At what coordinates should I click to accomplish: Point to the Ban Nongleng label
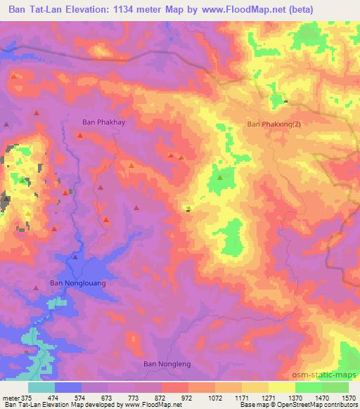(x=167, y=364)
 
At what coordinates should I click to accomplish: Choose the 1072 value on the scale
(x=216, y=397)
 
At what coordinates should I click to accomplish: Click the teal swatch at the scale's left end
(x=41, y=387)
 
